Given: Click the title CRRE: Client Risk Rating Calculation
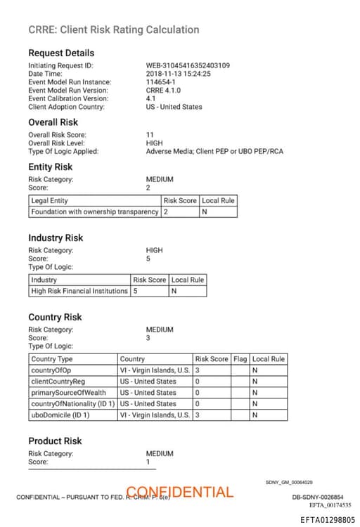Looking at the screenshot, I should pos(113,30).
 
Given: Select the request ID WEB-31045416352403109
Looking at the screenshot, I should pos(188,66).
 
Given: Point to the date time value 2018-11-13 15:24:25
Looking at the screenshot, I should pos(178,74).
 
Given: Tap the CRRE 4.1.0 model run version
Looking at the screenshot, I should pos(163,91).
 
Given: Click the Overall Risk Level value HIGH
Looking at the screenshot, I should pos(154,143).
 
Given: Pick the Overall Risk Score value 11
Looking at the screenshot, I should pos(150,134).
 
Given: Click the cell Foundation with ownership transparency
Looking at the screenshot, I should pos(95,212).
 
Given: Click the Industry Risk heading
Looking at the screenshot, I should pos(56,238).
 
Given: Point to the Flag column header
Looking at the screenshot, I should pos(240,359).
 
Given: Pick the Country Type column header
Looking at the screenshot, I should pos(52,359).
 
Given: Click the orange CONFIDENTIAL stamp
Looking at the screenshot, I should pos(180,492).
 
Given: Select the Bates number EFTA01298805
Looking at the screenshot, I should pos(328,520).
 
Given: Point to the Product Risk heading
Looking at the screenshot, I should pos(55,441).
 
